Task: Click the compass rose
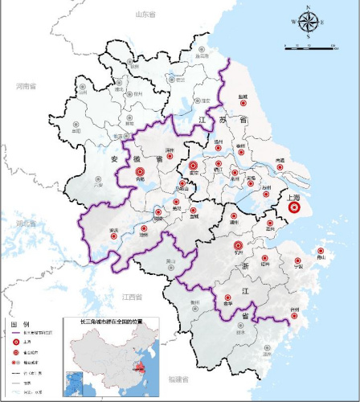coord(309,21)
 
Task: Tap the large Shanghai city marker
coord(294,207)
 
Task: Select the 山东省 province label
coord(145,14)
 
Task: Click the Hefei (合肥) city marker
coord(141,171)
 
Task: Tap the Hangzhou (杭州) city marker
coord(238,246)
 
